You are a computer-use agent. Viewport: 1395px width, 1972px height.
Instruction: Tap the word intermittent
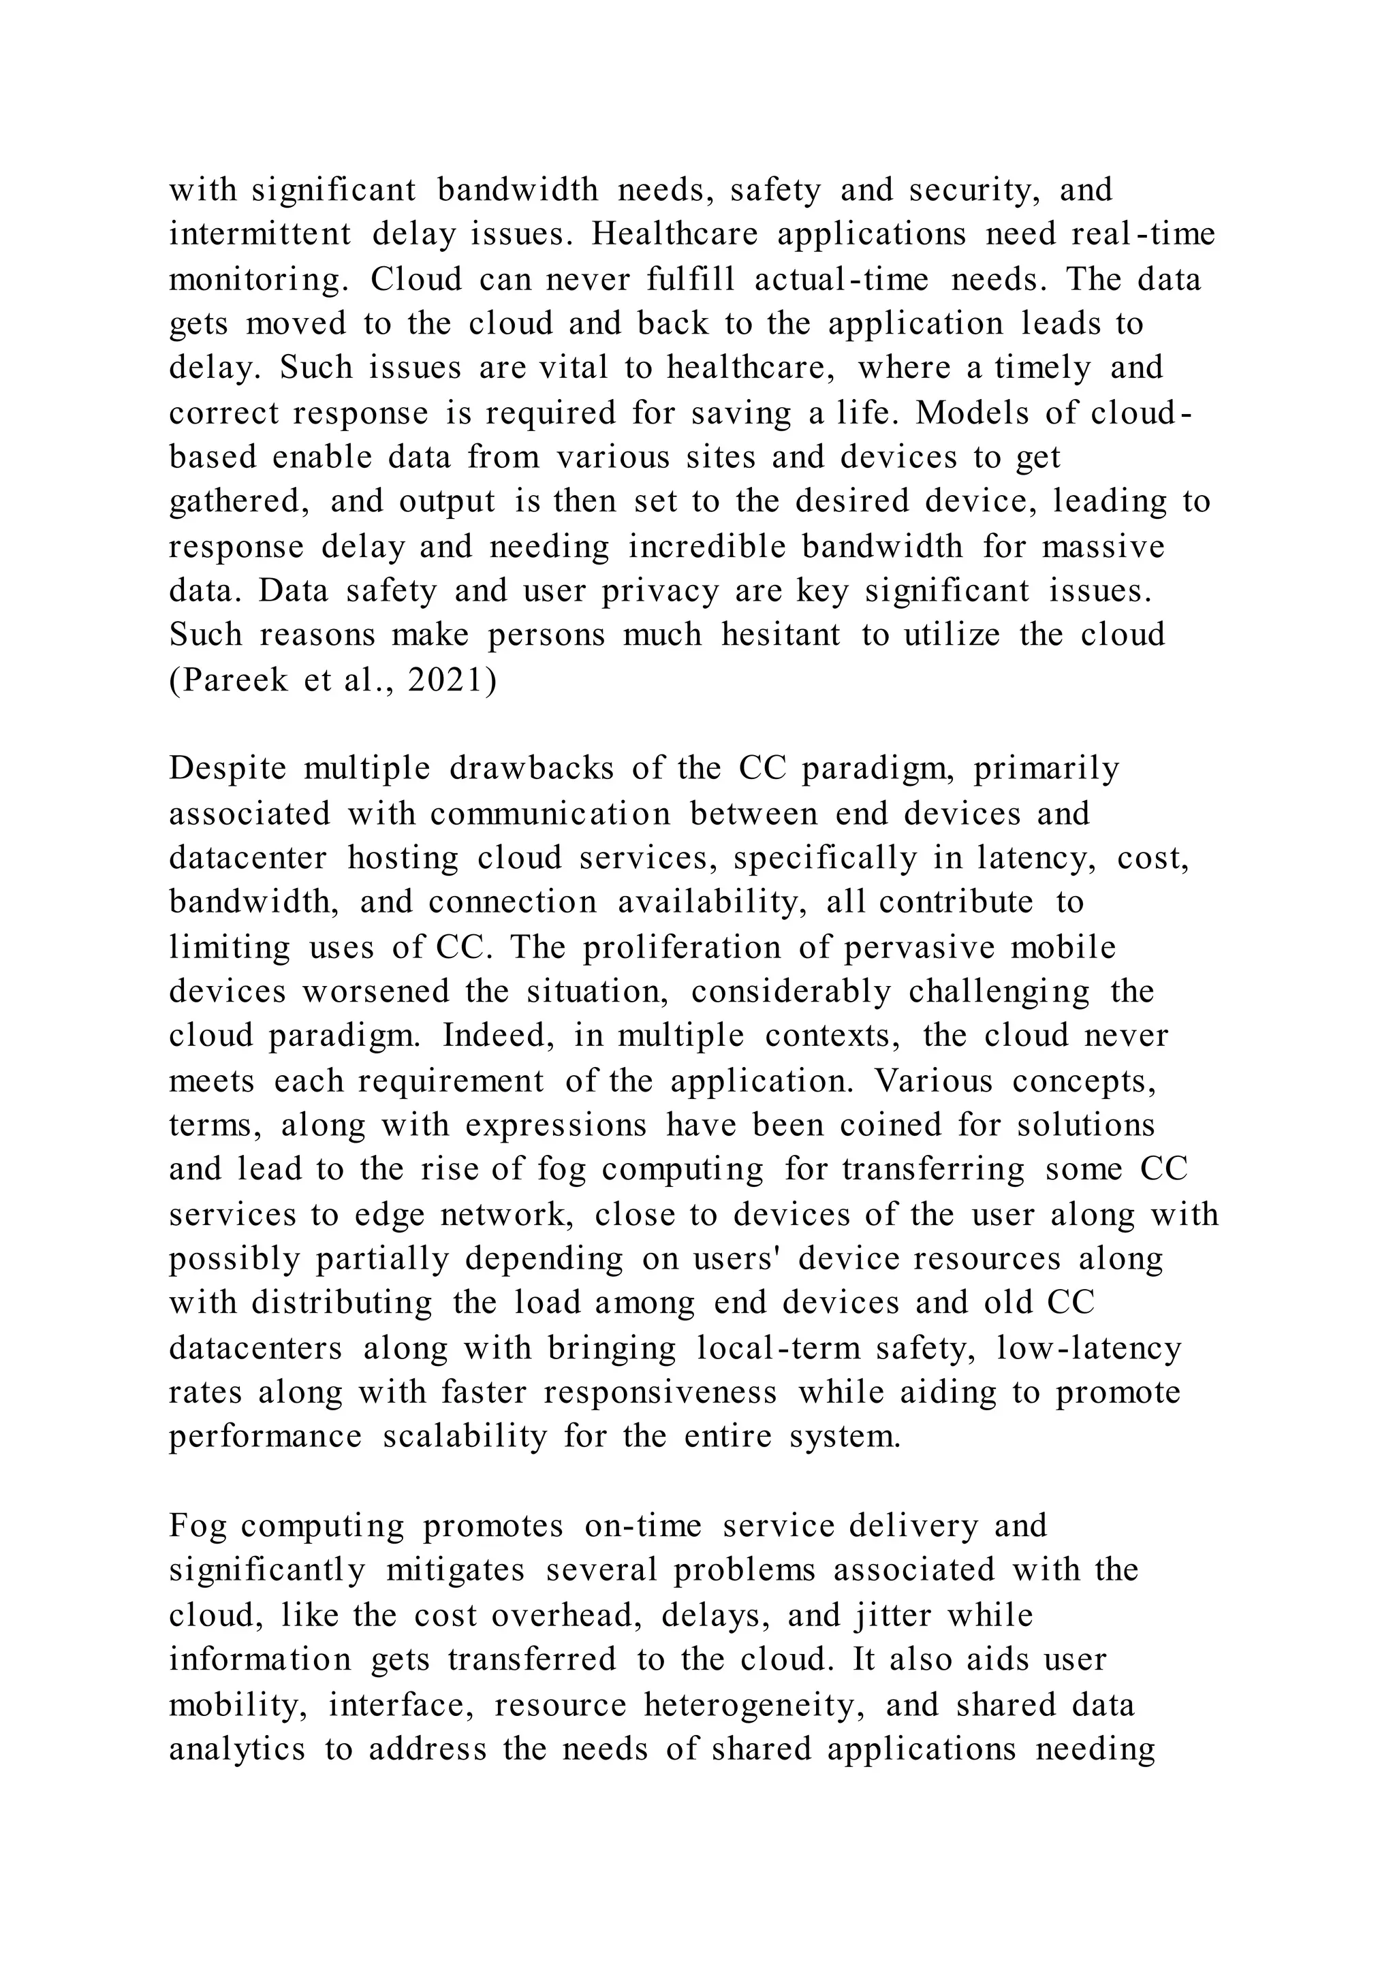[260, 234]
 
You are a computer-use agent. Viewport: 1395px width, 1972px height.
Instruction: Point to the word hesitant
[781, 635]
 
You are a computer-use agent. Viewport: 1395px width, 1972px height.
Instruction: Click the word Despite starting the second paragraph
[227, 769]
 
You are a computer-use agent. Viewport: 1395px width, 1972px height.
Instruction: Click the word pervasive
[921, 947]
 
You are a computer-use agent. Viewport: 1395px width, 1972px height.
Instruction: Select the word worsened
[375, 992]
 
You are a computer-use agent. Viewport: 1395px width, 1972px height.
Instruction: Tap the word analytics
[236, 1749]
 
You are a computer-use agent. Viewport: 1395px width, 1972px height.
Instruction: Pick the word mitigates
[454, 1571]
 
